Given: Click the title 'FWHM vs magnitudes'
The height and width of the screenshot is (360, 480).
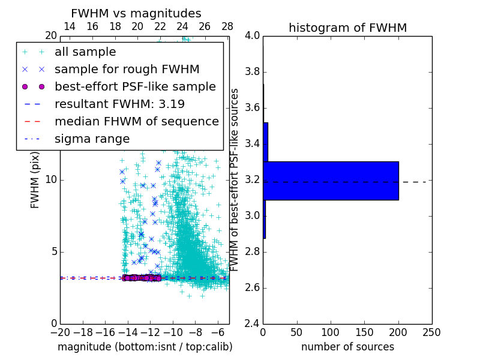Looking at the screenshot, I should pyautogui.click(x=136, y=13).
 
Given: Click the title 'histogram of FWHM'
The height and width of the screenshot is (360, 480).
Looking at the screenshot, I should pyautogui.click(x=347, y=28).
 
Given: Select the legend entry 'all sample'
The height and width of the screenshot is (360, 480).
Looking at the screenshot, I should pyautogui.click(x=85, y=52).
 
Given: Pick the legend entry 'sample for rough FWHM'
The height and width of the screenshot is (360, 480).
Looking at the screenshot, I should pyautogui.click(x=127, y=69).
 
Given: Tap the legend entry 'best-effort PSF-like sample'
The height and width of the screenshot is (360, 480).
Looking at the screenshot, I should pyautogui.click(x=135, y=86).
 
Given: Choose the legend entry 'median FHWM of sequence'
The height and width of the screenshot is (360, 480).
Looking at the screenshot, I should pyautogui.click(x=136, y=121).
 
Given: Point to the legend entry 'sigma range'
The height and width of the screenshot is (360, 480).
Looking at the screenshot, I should pyautogui.click(x=92, y=139).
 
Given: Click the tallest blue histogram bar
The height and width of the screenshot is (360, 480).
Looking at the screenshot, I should pyautogui.click(x=331, y=181).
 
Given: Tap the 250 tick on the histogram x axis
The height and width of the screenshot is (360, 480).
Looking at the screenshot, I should pyautogui.click(x=431, y=332).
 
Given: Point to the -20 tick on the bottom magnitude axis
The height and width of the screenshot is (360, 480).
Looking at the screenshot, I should pyautogui.click(x=60, y=332).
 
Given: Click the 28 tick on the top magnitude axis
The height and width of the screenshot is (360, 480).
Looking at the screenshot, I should pyautogui.click(x=227, y=26).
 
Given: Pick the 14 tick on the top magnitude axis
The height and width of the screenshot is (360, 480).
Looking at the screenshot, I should pyautogui.click(x=70, y=26).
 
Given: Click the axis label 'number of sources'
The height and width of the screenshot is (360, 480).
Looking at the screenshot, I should pyautogui.click(x=347, y=347).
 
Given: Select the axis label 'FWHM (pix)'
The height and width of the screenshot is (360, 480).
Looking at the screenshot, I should pyautogui.click(x=35, y=180).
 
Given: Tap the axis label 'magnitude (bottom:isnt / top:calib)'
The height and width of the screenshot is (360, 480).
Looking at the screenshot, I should pyautogui.click(x=145, y=347).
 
